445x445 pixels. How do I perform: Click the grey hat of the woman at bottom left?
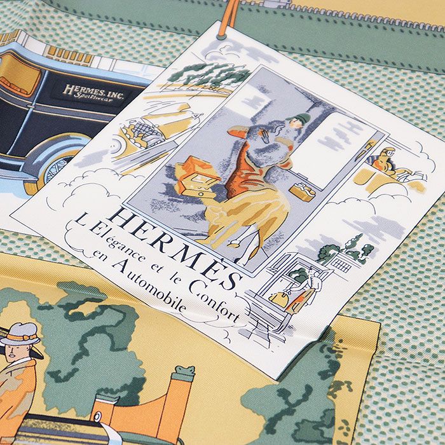tap(20, 332)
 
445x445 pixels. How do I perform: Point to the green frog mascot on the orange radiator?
tap(184, 373)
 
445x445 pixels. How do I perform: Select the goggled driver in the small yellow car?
tap(385, 162)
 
